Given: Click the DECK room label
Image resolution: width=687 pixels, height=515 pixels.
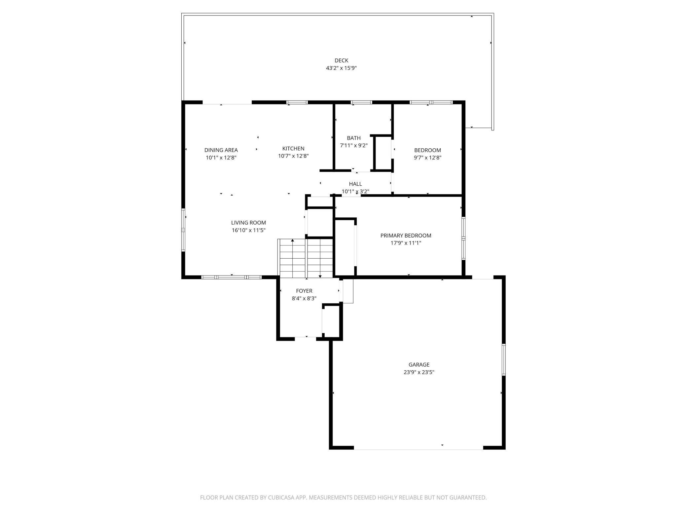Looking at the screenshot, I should click(341, 60).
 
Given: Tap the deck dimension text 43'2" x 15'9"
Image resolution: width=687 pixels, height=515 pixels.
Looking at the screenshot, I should click(341, 68).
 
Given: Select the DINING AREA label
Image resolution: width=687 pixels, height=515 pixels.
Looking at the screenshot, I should click(221, 150).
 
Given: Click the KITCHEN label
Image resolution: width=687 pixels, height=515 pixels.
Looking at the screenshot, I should click(293, 148).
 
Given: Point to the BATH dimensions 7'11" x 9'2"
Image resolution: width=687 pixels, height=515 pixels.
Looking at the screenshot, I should click(353, 145).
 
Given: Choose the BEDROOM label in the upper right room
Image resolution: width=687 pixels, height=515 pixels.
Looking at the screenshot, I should click(427, 150).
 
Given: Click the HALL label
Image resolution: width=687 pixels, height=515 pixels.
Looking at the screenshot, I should click(355, 184).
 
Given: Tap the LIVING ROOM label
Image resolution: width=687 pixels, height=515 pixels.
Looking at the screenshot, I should click(248, 223).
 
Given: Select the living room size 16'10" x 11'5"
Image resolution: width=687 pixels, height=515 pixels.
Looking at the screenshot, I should click(248, 230).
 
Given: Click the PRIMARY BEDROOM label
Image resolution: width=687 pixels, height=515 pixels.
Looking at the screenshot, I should click(406, 236).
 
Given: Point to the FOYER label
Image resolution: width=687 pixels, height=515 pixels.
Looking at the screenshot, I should click(304, 291).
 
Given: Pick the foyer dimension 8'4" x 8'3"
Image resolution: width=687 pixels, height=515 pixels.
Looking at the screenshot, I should click(304, 298).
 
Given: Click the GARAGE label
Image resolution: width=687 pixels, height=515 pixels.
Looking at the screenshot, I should click(419, 364).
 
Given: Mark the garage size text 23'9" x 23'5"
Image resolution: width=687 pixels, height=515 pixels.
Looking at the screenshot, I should click(419, 372).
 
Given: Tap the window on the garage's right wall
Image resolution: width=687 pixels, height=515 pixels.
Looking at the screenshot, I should click(503, 359).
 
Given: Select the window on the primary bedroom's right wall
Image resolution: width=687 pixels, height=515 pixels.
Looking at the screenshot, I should click(463, 238).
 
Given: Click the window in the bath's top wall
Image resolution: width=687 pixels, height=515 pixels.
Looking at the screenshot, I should click(361, 102).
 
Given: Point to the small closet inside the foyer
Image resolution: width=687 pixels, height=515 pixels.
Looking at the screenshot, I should click(331, 321).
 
